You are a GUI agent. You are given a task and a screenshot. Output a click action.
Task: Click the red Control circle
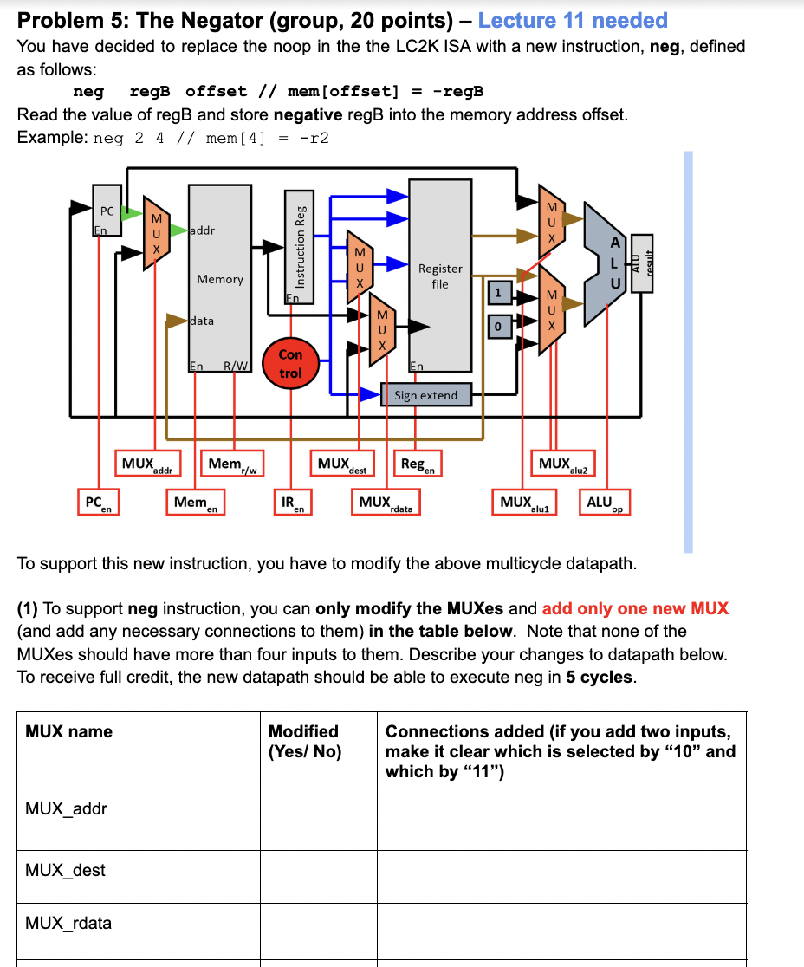tap(290, 363)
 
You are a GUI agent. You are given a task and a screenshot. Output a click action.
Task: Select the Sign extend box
tap(425, 395)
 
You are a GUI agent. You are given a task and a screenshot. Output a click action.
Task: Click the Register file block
tap(440, 276)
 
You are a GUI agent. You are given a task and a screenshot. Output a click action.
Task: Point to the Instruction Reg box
tap(301, 244)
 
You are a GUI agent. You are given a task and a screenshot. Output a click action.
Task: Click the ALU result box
tap(642, 263)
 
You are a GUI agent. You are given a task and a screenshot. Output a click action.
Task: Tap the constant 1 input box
tap(497, 293)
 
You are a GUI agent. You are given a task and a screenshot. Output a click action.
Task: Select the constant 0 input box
tap(497, 327)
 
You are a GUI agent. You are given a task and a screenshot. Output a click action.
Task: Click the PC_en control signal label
tap(98, 503)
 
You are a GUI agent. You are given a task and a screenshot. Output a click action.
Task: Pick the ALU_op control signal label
tap(606, 503)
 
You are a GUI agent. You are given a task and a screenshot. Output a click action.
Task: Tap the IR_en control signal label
tap(293, 503)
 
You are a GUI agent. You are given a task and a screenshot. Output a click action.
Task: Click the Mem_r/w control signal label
tap(231, 465)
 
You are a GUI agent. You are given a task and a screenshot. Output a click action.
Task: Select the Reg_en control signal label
tap(418, 465)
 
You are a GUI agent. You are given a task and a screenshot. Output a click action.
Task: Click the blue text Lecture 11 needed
tap(573, 20)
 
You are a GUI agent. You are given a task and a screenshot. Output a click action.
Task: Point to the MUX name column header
tap(69, 731)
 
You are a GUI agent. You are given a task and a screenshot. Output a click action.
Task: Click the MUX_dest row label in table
tap(66, 870)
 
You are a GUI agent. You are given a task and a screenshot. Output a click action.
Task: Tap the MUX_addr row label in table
tap(67, 808)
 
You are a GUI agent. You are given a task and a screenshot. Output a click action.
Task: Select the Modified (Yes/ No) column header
tap(304, 741)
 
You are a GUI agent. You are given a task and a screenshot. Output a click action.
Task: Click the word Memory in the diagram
tap(220, 279)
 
